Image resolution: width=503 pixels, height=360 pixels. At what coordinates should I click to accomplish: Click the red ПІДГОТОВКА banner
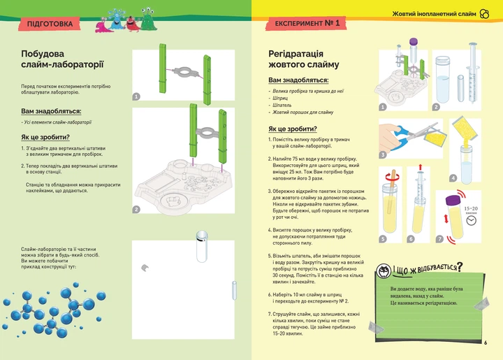click(50, 24)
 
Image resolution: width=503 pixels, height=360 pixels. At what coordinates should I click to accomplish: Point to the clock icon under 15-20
click(472, 220)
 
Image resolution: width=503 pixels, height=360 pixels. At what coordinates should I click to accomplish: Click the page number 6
click(485, 343)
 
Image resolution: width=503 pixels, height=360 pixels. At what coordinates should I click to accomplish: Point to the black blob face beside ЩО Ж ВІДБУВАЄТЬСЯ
click(383, 271)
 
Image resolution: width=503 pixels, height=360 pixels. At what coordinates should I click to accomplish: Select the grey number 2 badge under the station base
click(136, 209)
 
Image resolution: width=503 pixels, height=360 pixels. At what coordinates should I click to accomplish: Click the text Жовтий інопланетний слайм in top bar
click(433, 13)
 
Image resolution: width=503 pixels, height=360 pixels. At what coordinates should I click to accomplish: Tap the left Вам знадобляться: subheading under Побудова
click(51, 110)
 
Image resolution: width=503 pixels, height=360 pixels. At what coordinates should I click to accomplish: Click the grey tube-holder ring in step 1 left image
click(185, 71)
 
